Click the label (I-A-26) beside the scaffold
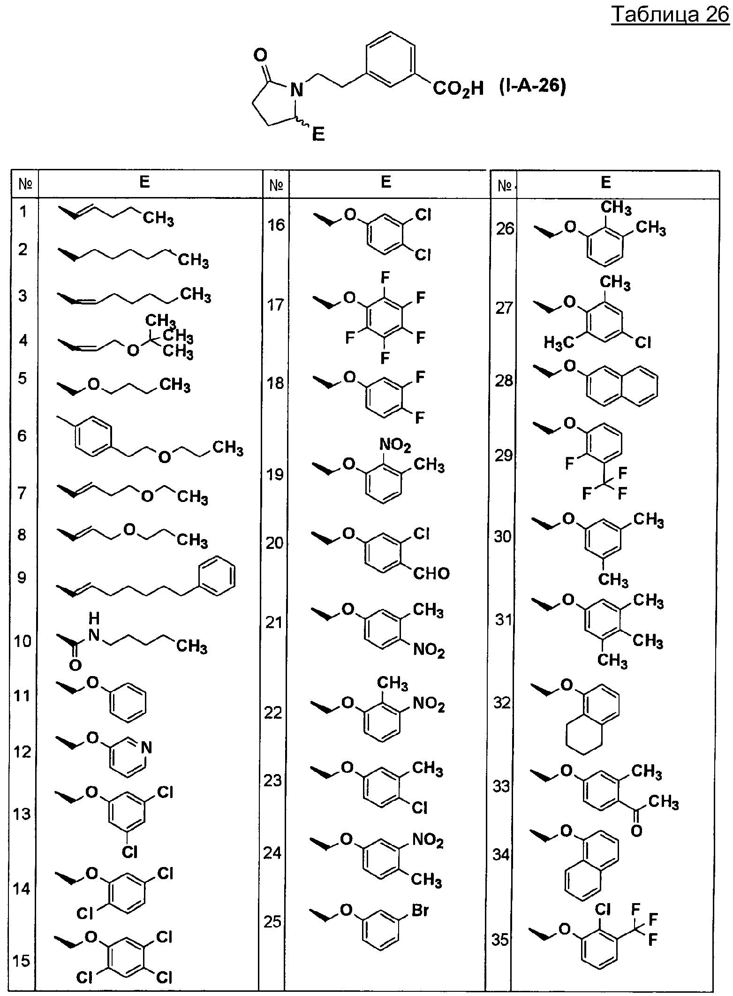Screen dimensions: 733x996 532,88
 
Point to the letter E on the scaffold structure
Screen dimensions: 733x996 318,136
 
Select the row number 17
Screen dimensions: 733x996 276,304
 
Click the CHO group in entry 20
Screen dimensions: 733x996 431,573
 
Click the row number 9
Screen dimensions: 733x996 22,578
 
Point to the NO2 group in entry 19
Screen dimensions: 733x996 395,445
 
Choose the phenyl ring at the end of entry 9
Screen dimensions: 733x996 217,577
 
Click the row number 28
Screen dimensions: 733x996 504,380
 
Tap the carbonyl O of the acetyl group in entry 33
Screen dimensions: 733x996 636,831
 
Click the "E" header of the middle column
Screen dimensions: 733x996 386,182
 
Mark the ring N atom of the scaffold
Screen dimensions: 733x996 295,89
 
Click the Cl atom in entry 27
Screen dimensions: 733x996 643,343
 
